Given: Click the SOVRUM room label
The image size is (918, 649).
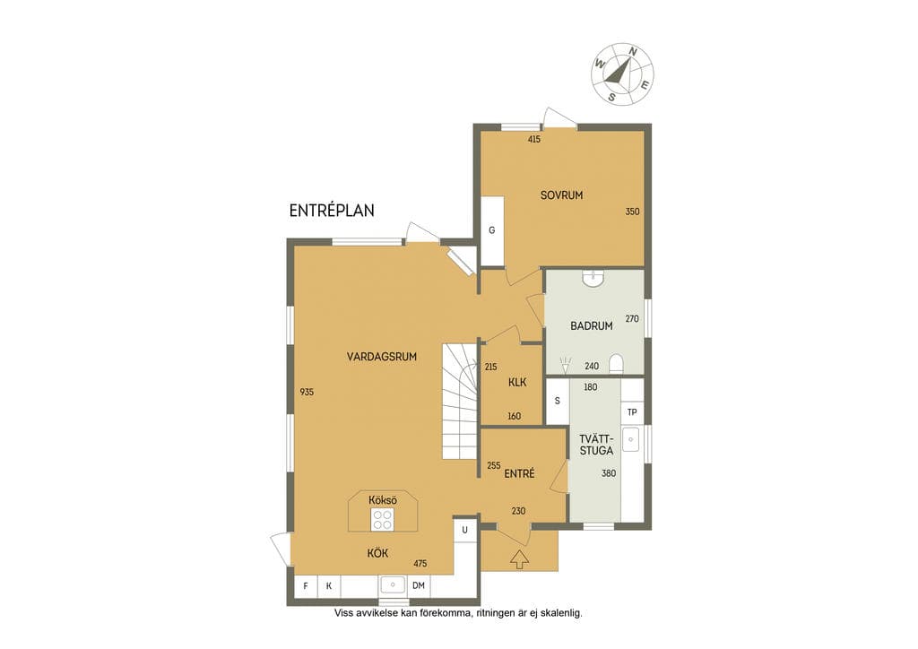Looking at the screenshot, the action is (x=561, y=195).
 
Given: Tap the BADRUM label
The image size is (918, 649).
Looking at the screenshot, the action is (x=592, y=326).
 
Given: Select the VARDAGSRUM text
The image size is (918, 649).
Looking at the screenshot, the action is (x=382, y=357).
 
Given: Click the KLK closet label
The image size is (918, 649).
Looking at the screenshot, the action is (x=517, y=382).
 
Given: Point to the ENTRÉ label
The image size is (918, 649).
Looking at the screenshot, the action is (x=519, y=473).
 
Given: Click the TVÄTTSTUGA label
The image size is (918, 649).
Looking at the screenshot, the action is (x=596, y=445).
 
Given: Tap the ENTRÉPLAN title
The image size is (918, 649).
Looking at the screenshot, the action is (x=332, y=211).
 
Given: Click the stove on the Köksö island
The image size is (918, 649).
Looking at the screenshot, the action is (x=382, y=519).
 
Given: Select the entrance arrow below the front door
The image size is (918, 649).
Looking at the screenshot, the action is (x=519, y=559).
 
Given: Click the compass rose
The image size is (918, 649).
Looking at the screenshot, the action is (x=623, y=74).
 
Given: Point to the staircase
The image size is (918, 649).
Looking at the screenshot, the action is (x=460, y=402).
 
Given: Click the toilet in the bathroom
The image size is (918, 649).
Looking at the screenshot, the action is (x=617, y=364).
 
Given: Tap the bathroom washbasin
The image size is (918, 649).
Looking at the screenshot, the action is (x=594, y=277).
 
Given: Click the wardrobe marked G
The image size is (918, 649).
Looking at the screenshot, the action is (x=492, y=230).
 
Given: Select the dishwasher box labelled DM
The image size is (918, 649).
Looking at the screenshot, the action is (x=419, y=585).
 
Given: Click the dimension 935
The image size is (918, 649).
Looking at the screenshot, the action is (x=307, y=392).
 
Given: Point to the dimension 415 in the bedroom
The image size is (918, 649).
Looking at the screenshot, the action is (x=534, y=139).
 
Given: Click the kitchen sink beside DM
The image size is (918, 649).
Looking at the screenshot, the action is (x=393, y=584).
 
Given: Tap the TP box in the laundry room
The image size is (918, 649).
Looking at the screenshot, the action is (x=632, y=412).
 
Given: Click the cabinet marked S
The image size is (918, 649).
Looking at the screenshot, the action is (x=558, y=401).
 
